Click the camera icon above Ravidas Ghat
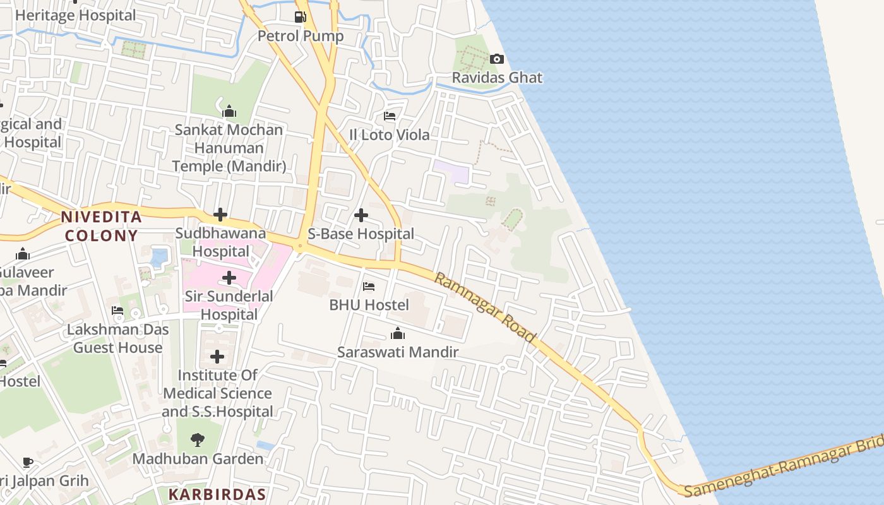point(497,59)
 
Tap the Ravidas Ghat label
point(497,78)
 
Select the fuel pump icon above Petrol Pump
point(301,17)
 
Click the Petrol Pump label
point(301,36)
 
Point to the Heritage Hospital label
point(75,15)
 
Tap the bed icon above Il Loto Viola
point(390,117)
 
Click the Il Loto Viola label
point(390,135)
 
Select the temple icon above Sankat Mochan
point(229,112)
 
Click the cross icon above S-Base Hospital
point(361,216)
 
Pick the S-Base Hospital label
point(361,234)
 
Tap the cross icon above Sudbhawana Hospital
point(220,215)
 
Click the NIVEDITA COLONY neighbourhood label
point(101,227)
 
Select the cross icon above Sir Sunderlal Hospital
point(229,278)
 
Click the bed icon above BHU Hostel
point(369,287)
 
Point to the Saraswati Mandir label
point(398,352)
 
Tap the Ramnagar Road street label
point(485,308)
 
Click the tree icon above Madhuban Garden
point(198,440)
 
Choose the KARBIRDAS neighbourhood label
point(217,494)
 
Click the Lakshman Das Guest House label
point(118,339)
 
